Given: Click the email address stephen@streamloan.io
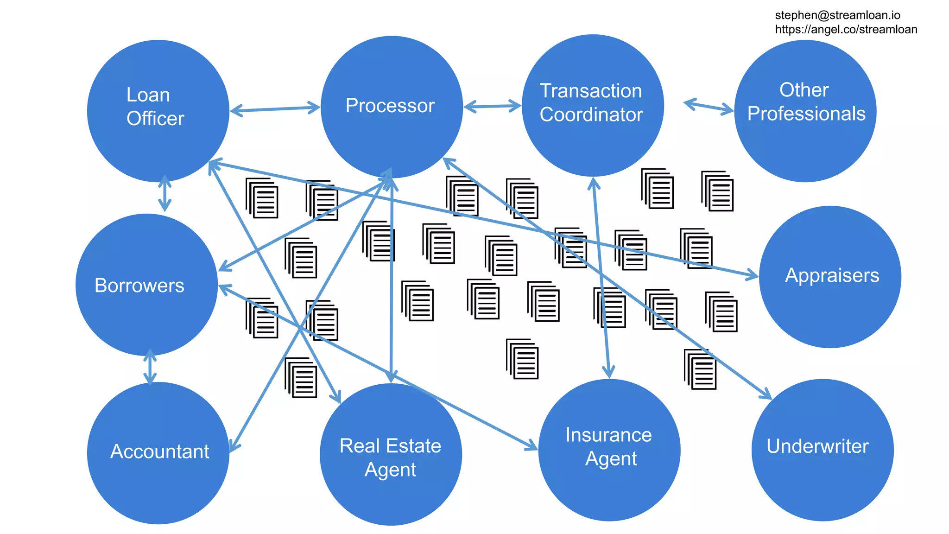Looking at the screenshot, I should pos(837,15).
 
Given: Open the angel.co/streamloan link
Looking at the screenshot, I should pos(846,30).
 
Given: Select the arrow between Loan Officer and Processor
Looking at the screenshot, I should pos(275,109).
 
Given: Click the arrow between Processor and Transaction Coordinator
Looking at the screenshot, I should pos(493,107).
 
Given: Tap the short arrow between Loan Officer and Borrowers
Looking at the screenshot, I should pos(164,193).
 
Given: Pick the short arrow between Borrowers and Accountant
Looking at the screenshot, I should pos(150,367).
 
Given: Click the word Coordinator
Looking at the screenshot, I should pos(591,114).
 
